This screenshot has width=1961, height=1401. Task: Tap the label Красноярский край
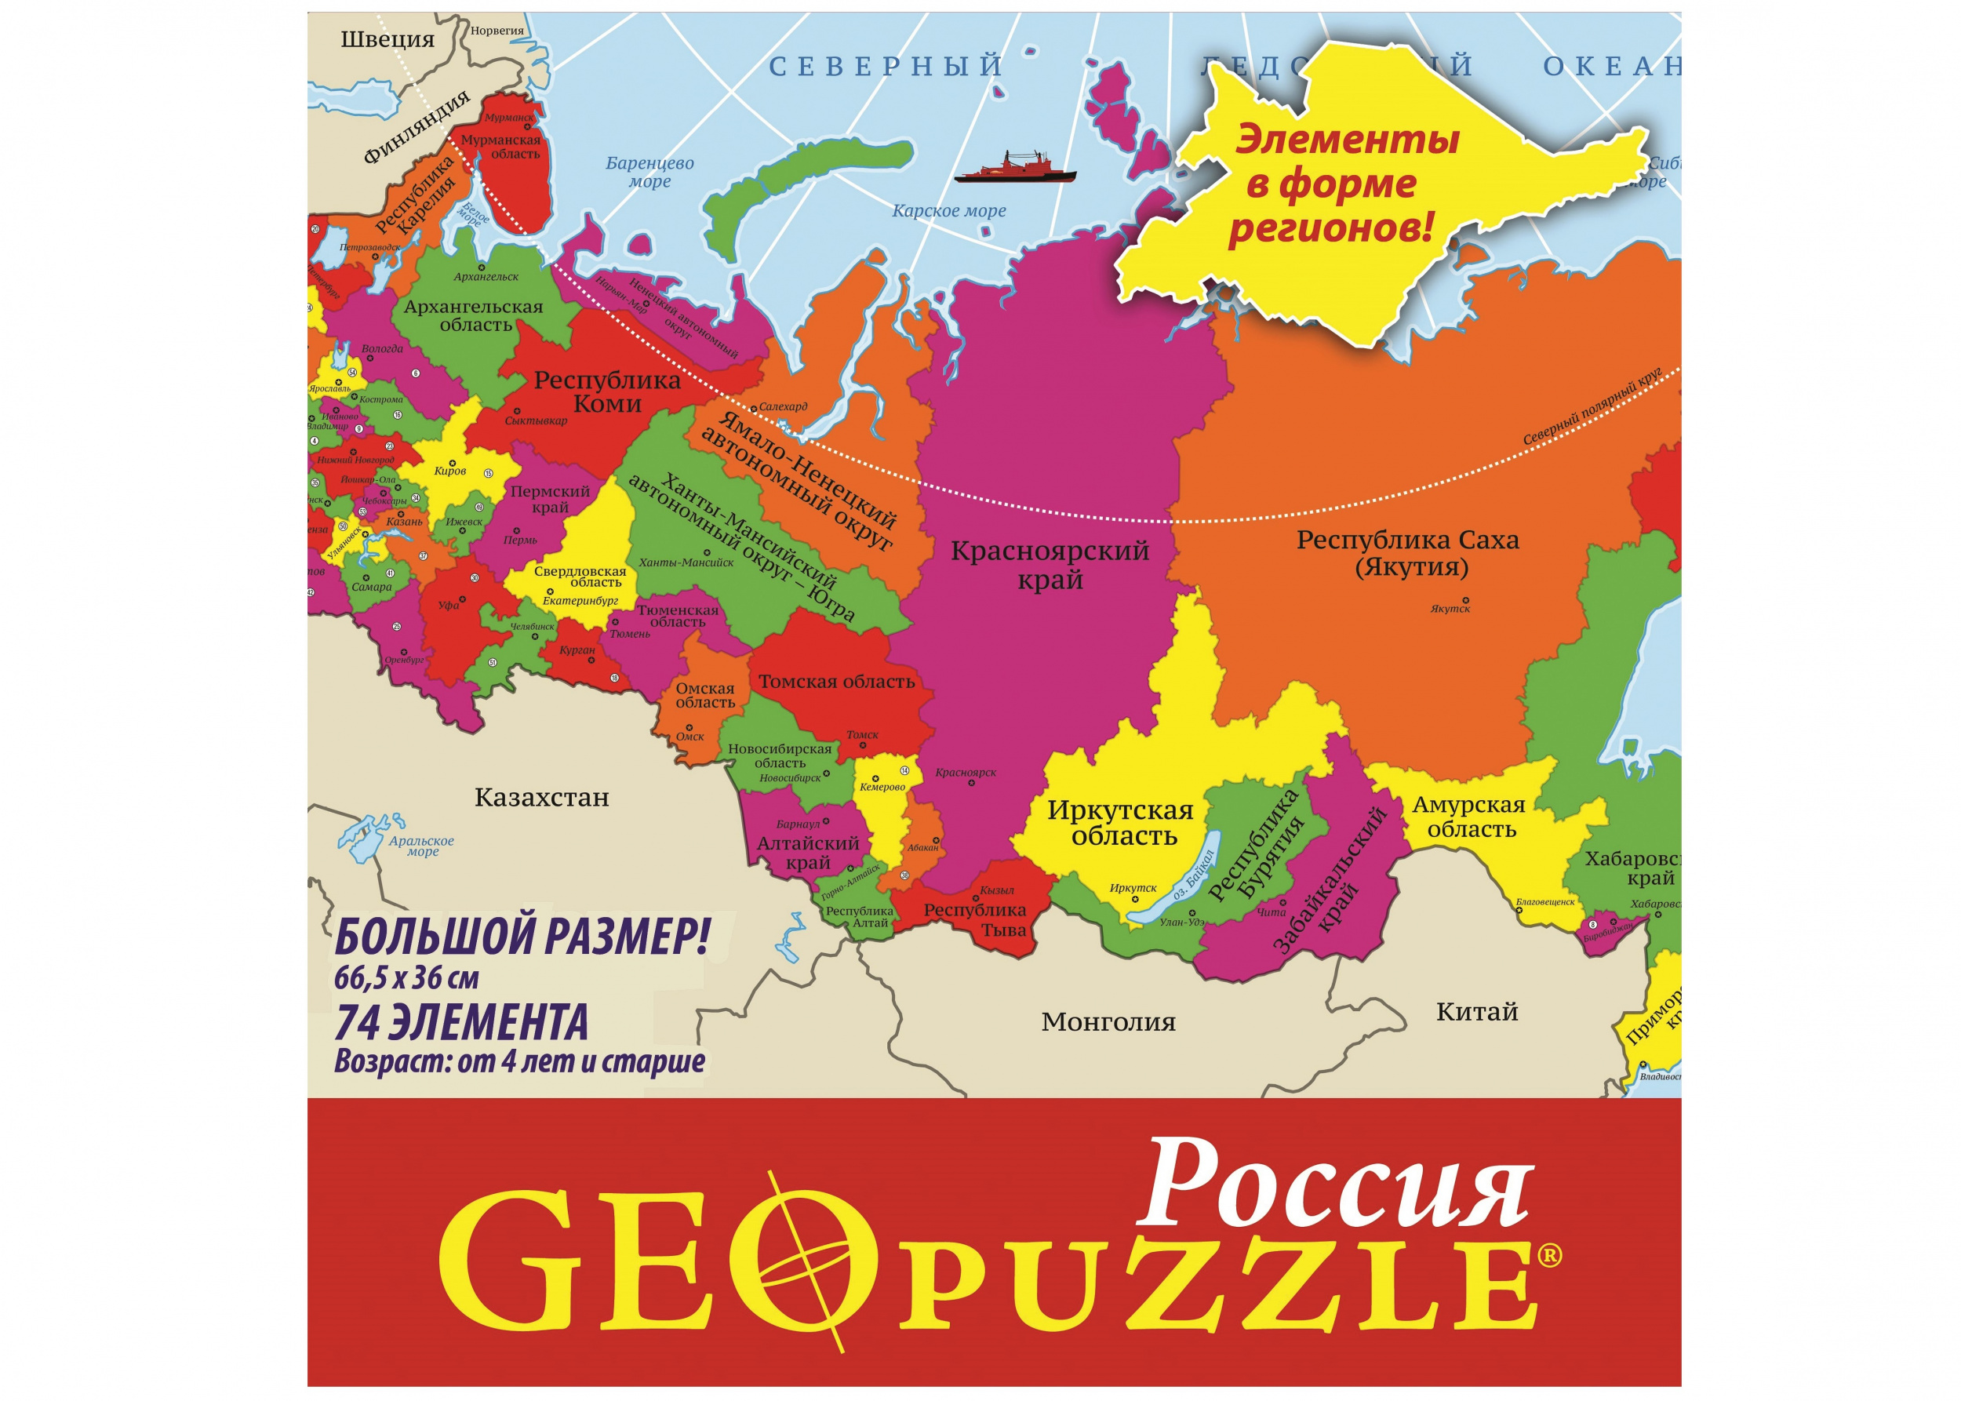click(1050, 564)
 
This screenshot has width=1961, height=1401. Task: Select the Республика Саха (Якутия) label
click(1408, 553)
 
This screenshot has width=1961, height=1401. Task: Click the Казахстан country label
click(542, 797)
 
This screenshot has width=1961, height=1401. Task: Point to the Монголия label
click(1108, 1022)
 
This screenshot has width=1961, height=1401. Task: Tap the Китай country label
click(1476, 1012)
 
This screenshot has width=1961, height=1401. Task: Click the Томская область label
click(836, 682)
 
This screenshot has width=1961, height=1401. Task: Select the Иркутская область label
click(1121, 823)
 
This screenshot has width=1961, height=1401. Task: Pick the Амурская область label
click(1469, 817)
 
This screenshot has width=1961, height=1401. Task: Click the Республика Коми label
click(607, 391)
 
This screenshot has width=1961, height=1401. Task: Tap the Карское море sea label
click(949, 210)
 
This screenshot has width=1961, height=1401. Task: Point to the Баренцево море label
click(649, 172)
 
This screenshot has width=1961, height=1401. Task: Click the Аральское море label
click(421, 846)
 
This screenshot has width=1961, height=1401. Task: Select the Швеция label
click(387, 38)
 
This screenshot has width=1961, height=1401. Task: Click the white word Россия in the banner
click(1333, 1184)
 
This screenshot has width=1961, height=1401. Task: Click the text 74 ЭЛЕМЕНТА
click(460, 1023)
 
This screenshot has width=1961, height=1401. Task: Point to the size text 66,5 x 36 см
click(406, 978)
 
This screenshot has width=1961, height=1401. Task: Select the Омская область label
click(705, 695)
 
